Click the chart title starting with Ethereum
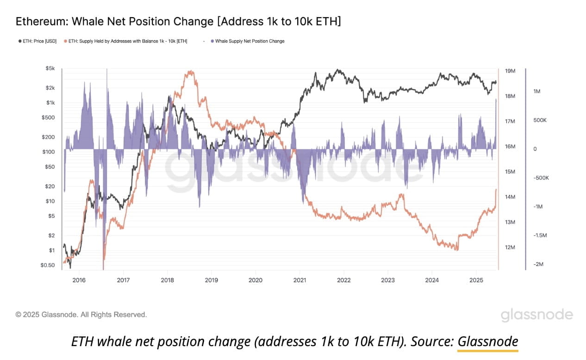(x=178, y=21)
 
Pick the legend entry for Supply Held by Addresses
(x=128, y=41)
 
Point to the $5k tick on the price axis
(x=50, y=68)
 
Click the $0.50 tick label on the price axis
(x=47, y=265)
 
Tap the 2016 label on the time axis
(x=79, y=280)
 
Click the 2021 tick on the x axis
(x=299, y=280)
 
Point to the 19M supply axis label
(x=510, y=71)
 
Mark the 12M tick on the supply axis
(x=510, y=248)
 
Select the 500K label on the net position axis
(x=540, y=120)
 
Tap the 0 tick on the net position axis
(x=535, y=149)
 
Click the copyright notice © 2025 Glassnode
(x=81, y=315)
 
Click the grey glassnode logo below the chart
(x=536, y=315)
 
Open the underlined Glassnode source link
(x=488, y=341)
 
